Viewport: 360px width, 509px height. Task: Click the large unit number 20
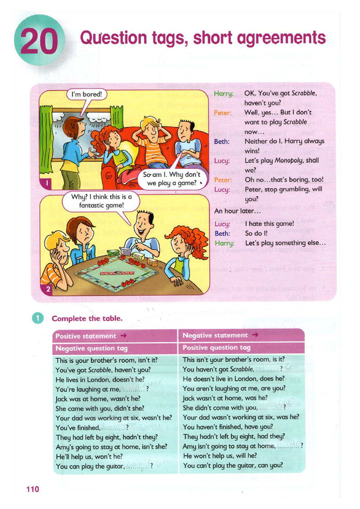coord(39,41)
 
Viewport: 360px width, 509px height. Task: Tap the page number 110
coord(33,489)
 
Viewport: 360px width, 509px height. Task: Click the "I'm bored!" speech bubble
coord(87,95)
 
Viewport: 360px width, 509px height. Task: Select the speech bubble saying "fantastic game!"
coord(101,201)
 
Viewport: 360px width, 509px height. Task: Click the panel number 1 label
coord(47,183)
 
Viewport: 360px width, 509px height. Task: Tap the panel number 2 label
coord(48,289)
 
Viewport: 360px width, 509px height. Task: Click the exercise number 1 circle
coord(38,318)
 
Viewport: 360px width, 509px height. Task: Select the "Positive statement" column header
coord(86,336)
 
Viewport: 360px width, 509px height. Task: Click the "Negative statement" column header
coord(215,335)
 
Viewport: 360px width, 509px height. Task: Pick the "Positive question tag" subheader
coord(216,348)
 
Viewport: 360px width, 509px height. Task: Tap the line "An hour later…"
coord(237,211)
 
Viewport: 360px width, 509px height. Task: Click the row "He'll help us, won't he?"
coord(89,456)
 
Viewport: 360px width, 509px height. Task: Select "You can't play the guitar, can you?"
coord(233,465)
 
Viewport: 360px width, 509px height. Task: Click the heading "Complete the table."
coord(87,319)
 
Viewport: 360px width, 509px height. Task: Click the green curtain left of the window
coord(46,132)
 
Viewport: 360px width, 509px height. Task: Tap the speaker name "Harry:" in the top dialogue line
coord(223,94)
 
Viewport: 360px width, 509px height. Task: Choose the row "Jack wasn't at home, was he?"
coord(225,398)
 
